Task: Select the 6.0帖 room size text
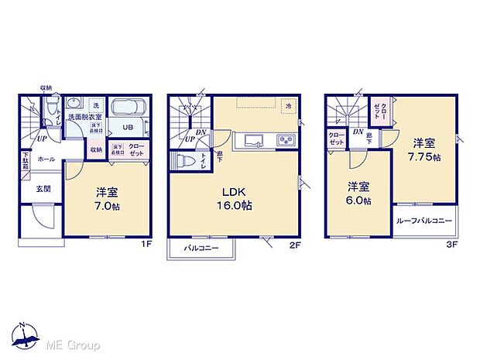click(358, 201)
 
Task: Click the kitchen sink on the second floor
click(255, 140)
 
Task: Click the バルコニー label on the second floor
click(202, 249)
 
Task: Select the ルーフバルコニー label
click(423, 221)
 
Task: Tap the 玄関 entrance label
click(43, 188)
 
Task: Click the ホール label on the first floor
click(46, 159)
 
